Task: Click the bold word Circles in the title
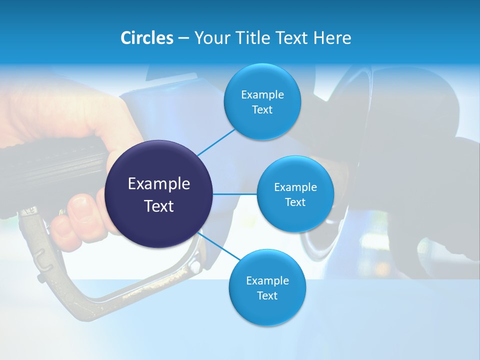point(146,38)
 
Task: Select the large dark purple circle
point(159,194)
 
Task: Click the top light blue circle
point(262,102)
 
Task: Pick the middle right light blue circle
point(295,194)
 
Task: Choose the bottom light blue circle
point(267,288)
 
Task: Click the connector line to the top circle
point(216,142)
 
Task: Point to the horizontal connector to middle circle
point(235,194)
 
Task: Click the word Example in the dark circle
point(159,183)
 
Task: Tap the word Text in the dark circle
point(159,206)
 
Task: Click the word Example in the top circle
point(262,94)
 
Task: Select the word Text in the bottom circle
point(267,295)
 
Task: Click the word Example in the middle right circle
point(295,187)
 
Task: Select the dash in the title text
point(183,38)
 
